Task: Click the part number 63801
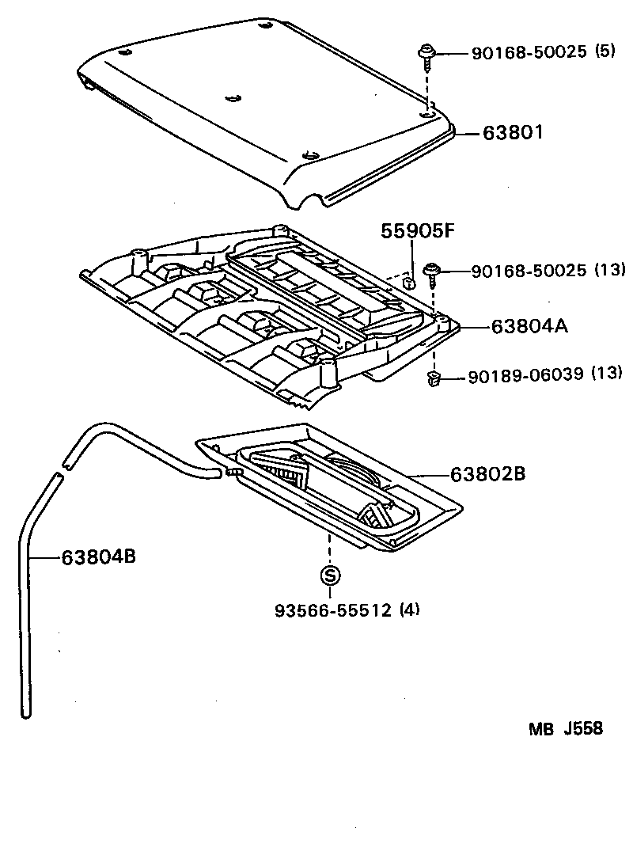[514, 133]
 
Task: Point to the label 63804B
[99, 557]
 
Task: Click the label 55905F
[419, 231]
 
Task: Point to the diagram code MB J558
[566, 728]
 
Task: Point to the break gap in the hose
[61, 469]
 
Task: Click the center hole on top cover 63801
[231, 97]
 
